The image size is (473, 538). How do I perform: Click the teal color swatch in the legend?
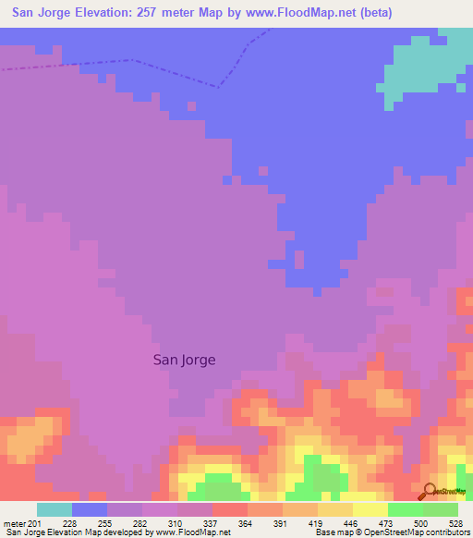(x=54, y=508)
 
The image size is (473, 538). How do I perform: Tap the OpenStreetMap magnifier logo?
(x=428, y=493)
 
